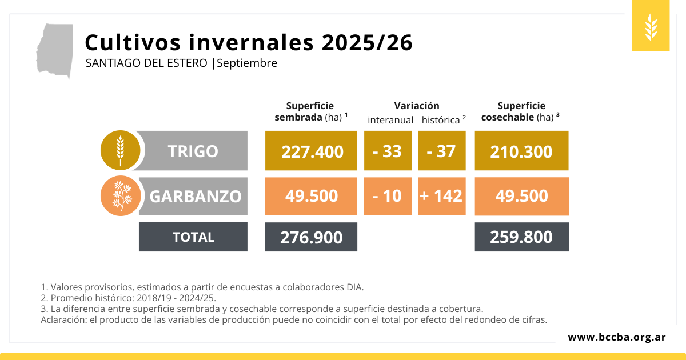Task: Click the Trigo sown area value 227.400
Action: [312, 151]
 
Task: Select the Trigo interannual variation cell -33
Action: [388, 151]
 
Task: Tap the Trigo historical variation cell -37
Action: [441, 151]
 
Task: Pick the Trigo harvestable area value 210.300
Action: [521, 151]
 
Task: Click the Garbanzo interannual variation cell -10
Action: [388, 196]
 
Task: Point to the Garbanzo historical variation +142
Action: [441, 196]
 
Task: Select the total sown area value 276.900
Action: [311, 237]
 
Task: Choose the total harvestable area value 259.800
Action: [521, 237]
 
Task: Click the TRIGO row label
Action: [193, 151]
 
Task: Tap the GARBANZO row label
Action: [195, 196]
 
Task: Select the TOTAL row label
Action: [193, 237]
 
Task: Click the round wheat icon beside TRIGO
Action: [120, 151]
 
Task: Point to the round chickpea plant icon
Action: [120, 196]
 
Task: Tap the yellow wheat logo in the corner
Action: [651, 26]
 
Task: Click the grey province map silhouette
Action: [55, 50]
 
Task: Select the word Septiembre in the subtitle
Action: [247, 63]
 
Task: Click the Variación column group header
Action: [417, 106]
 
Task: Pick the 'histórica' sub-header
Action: [441, 120]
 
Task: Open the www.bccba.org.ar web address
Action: [616, 337]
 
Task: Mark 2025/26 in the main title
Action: [367, 43]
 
